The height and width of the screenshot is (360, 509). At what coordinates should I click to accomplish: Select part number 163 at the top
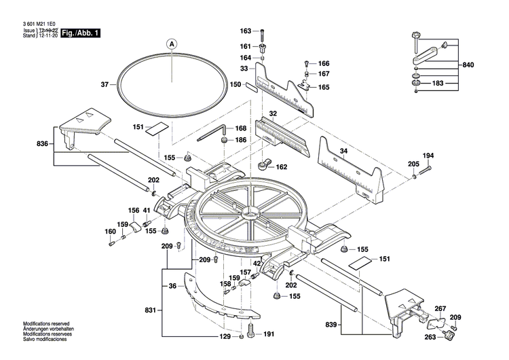(246, 31)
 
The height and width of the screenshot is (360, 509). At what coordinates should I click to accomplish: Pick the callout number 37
(105, 85)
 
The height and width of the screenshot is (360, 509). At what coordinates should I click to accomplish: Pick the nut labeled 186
(223, 141)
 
